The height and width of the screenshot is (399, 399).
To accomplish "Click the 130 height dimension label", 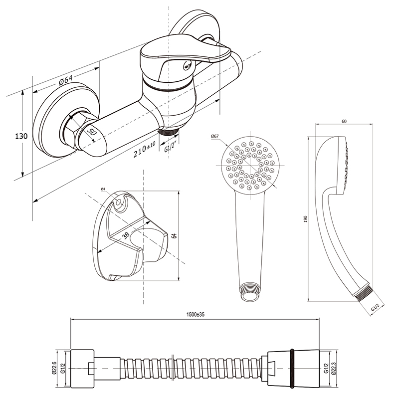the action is tap(21, 136).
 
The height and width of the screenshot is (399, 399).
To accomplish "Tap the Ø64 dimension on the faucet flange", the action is tap(66, 80).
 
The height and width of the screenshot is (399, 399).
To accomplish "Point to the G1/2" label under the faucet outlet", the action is tap(171, 147).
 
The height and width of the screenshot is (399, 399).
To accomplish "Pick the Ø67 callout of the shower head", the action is tap(215, 136).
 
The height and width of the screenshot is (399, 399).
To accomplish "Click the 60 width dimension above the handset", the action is tap(344, 121).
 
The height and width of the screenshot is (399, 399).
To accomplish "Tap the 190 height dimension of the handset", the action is tap(306, 219).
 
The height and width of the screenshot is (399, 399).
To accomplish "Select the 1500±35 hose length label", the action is tap(196, 315).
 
